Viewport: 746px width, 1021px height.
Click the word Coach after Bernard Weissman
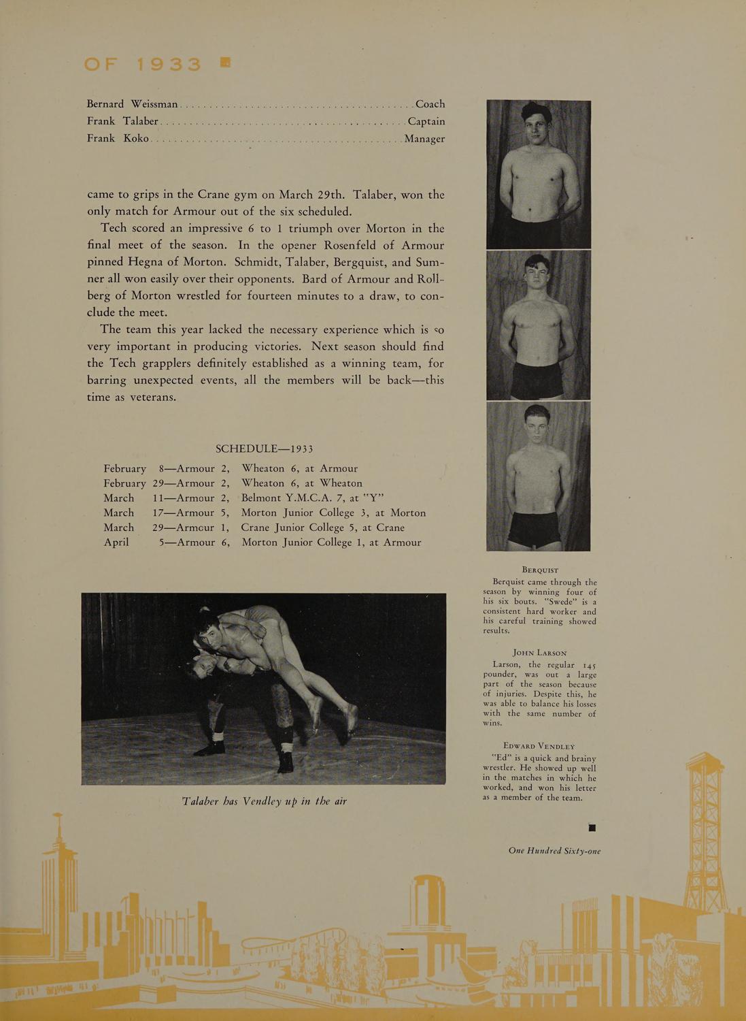point(430,104)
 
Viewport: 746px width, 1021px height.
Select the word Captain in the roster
point(426,121)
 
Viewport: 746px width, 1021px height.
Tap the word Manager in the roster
point(424,139)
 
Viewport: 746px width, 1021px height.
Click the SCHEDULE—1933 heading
point(264,449)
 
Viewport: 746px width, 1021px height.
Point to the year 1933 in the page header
point(169,65)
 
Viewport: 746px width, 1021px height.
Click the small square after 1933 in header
point(225,63)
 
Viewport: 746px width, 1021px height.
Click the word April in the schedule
point(116,542)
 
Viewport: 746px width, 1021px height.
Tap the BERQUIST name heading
point(540,570)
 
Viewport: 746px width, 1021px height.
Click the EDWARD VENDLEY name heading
point(539,746)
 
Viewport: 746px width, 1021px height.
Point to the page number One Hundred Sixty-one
point(554,851)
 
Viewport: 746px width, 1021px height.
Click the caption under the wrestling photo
point(264,801)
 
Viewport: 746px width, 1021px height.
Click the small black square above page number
point(592,828)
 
